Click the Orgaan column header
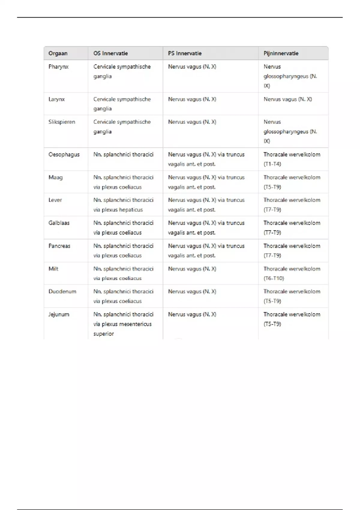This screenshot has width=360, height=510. point(58,53)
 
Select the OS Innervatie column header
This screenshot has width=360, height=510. point(110,53)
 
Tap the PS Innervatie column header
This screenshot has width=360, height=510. point(184,53)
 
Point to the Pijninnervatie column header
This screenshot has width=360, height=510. point(281,53)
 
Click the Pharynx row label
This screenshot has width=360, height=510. point(58,67)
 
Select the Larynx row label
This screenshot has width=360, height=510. point(56,99)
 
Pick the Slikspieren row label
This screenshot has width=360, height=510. point(62,122)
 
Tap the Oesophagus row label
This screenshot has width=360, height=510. point(64,154)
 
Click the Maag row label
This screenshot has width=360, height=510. point(55,177)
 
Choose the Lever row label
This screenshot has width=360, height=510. point(55,200)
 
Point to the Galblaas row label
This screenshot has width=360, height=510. point(59,223)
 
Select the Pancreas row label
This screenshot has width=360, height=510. point(59,246)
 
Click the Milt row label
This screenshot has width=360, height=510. point(53,269)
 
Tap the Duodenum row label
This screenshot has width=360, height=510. point(62,292)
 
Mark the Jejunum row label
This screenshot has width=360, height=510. point(59,314)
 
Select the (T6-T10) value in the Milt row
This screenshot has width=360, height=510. point(274,278)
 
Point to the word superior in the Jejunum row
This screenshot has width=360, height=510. point(103,334)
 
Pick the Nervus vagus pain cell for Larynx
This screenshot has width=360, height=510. point(288,99)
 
